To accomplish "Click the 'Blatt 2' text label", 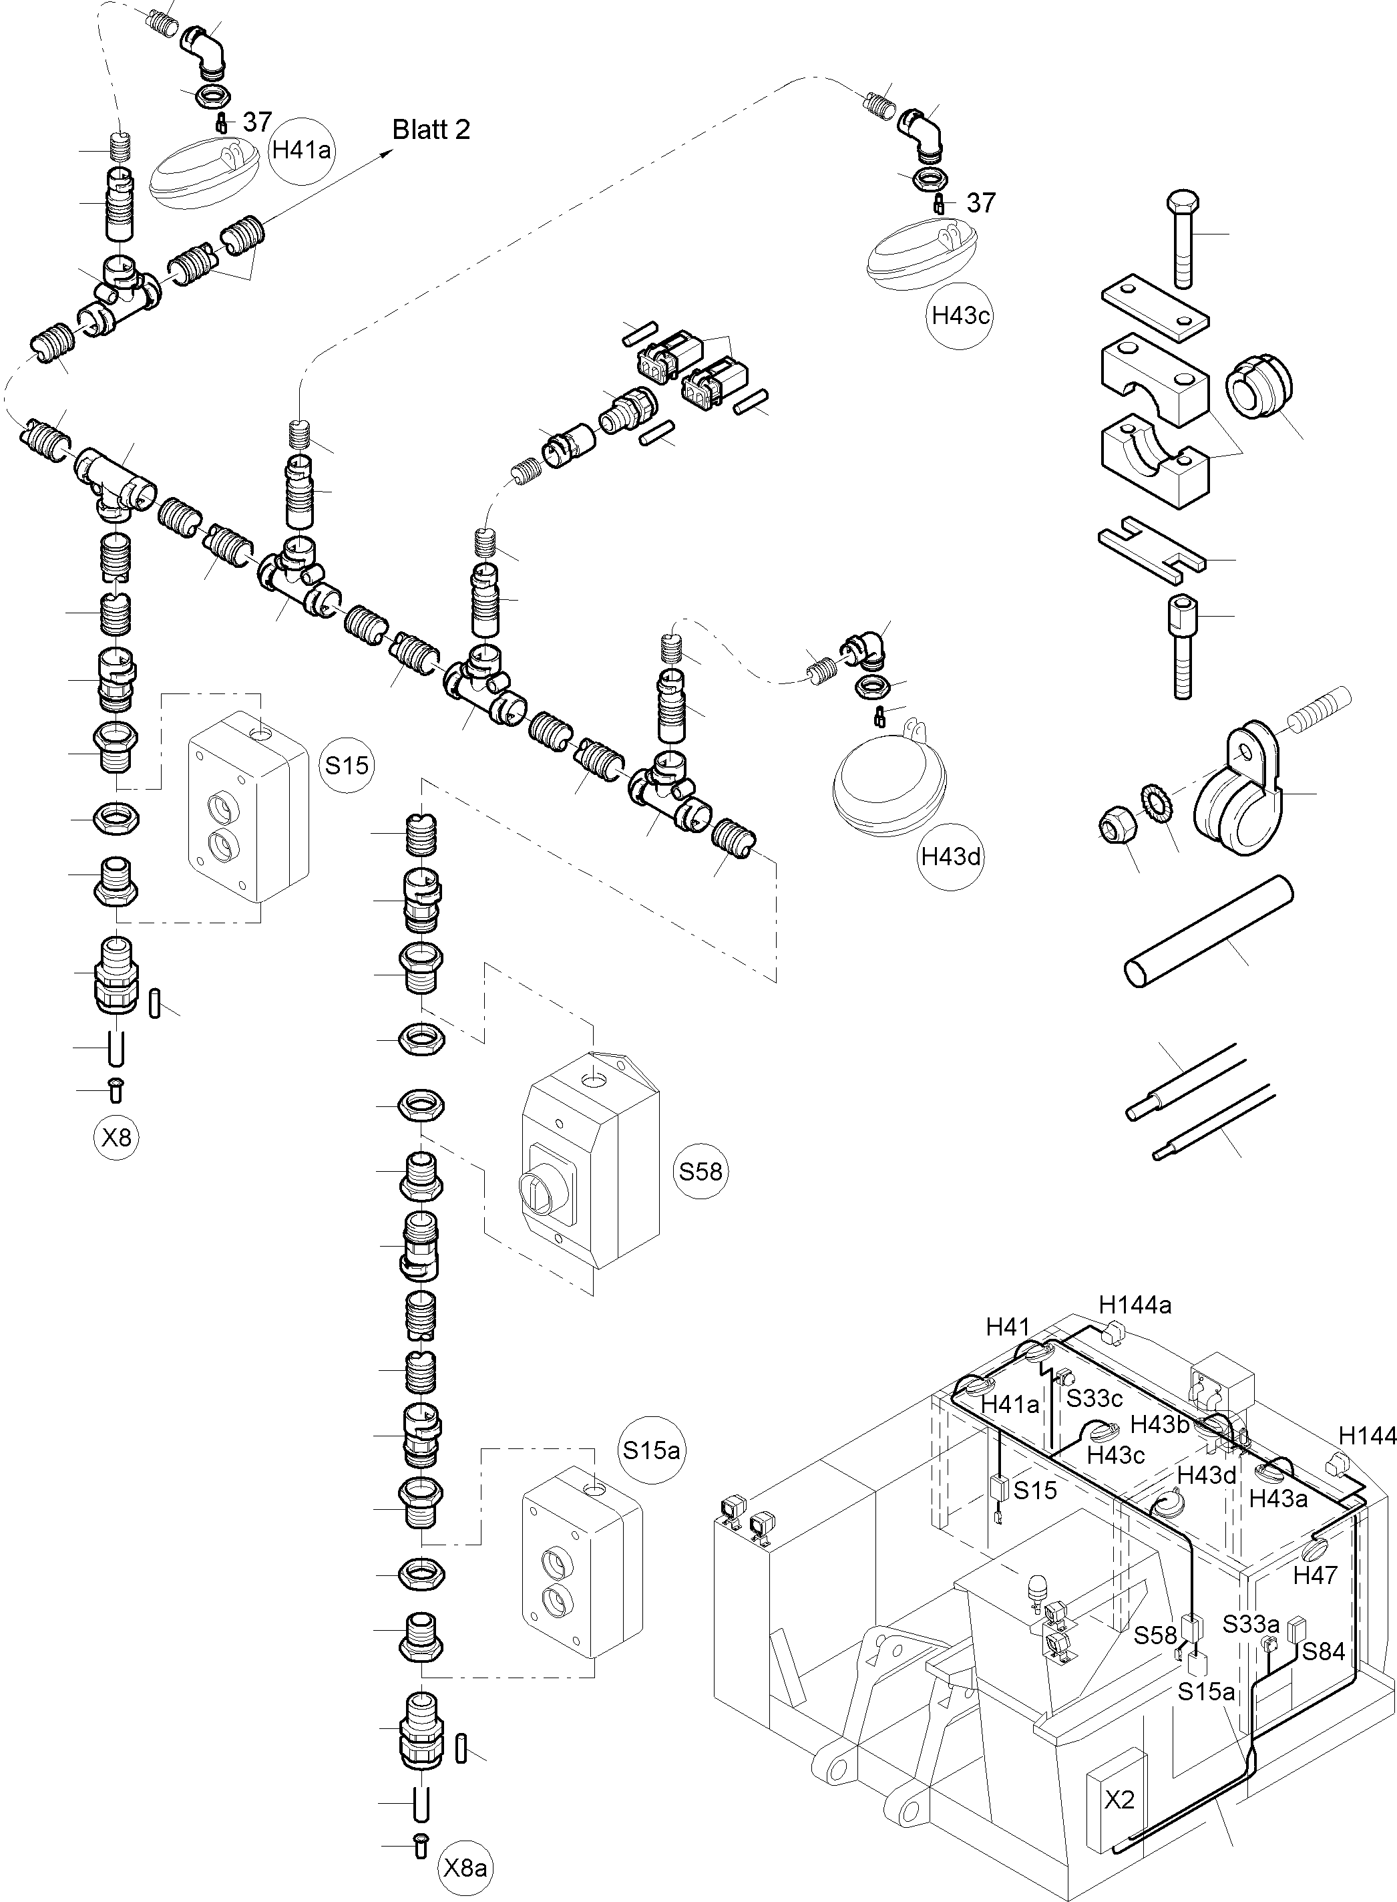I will click(x=431, y=130).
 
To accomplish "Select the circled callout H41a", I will click(x=301, y=150).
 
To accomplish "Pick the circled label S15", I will click(x=347, y=765).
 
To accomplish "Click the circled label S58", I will click(x=701, y=1171).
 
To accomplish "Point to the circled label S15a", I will click(x=650, y=1450).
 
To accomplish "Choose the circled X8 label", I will click(x=117, y=1137).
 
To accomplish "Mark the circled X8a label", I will click(x=465, y=1867).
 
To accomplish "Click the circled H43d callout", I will click(x=952, y=856).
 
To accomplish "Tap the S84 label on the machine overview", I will click(x=1324, y=1651).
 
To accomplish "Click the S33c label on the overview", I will click(x=1094, y=1398).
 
